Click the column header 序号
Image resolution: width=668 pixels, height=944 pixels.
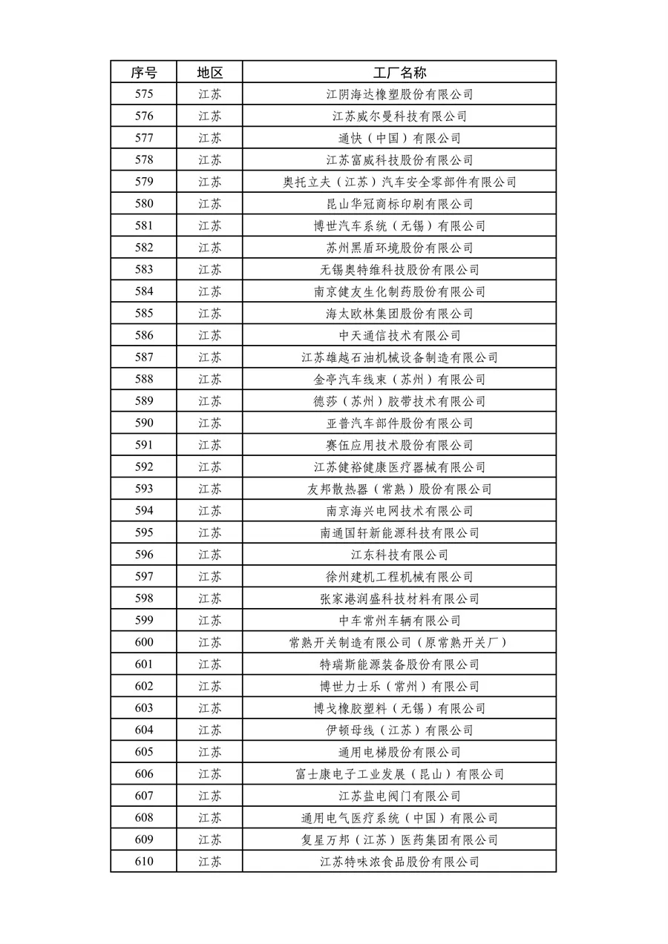pos(144,72)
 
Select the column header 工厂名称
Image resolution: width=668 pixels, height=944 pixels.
pos(399,72)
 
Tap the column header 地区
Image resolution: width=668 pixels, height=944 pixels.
pos(209,72)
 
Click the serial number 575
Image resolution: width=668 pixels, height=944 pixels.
pos(144,94)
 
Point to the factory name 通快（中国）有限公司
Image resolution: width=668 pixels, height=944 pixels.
pos(399,138)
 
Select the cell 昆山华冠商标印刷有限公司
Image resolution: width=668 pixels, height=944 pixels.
pos(399,204)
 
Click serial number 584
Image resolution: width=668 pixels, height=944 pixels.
pos(144,291)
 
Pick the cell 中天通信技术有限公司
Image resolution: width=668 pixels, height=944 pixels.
pos(399,335)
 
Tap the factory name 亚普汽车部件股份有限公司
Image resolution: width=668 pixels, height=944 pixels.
pos(399,423)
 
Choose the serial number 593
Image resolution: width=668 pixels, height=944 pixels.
pos(144,489)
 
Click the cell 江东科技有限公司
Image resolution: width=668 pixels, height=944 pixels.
pos(399,555)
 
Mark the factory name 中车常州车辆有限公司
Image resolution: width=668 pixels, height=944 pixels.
pos(399,621)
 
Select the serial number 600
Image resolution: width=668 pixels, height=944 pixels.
pos(144,643)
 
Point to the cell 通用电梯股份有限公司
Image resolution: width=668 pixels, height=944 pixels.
pos(399,752)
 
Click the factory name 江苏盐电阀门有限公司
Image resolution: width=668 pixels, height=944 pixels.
pos(399,796)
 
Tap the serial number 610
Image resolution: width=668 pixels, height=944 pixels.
pos(144,862)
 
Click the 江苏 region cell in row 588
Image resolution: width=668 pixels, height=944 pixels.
pos(209,380)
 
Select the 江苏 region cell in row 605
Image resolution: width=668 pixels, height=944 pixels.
pos(209,752)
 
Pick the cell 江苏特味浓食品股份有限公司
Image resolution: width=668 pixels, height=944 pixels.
pos(399,862)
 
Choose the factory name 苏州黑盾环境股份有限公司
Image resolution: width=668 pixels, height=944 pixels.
pos(399,248)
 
